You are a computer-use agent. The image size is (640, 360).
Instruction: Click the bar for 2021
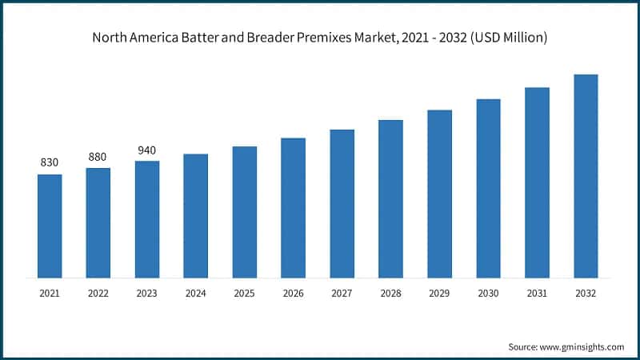50,226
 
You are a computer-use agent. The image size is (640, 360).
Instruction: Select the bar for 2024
196,216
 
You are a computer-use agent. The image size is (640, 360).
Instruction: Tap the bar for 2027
342,204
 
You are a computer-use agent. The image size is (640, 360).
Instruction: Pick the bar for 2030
489,189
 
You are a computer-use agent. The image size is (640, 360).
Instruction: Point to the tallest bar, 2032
586,176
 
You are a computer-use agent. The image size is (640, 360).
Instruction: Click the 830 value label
50,162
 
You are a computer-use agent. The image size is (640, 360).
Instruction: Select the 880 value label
98,157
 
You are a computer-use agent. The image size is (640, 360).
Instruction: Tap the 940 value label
147,150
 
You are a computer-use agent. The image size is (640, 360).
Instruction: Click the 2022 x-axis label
98,294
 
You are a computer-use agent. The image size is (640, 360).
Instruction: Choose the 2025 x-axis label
245,294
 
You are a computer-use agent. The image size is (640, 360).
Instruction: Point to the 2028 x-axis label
391,294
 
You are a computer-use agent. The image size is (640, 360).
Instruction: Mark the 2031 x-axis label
538,294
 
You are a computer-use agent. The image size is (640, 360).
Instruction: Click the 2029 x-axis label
440,294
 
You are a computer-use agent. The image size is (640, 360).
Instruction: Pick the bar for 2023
147,220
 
